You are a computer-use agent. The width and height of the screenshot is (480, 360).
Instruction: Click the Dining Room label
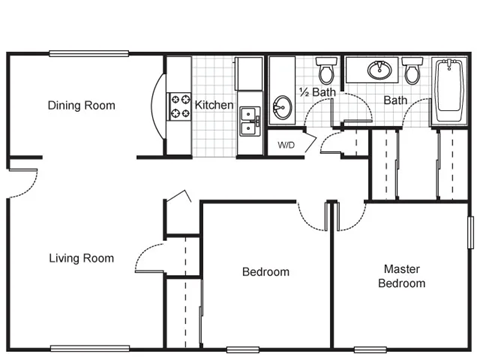pos(81,105)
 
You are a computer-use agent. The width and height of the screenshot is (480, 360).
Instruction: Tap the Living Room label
pos(81,258)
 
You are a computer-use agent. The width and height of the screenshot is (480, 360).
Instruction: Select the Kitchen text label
pos(214,105)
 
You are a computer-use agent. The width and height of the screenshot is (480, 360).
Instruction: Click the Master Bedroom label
pos(401,276)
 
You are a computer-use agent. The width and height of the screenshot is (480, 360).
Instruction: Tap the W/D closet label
pos(286,145)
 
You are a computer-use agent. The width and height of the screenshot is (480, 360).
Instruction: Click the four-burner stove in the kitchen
pos(180,105)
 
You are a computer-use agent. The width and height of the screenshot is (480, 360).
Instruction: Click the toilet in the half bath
pos(326,70)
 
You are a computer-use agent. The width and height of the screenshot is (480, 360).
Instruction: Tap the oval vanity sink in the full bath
pos(379,70)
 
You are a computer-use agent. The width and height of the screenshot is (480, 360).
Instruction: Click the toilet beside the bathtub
pos(412,71)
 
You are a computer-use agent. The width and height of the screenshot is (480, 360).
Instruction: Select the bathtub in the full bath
pos(450,91)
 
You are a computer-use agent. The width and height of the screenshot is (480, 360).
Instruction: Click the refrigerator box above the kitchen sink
pos(249,74)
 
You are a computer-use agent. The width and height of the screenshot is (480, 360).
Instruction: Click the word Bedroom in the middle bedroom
pos(266,272)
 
